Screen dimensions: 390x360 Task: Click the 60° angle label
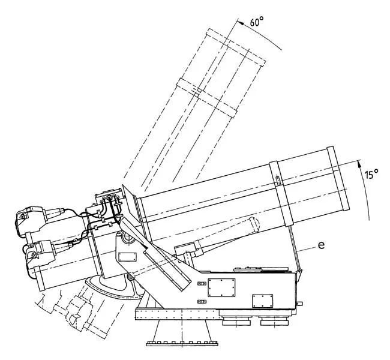256,22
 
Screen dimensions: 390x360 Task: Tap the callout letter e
321,245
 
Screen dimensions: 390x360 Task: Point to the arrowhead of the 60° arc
239,23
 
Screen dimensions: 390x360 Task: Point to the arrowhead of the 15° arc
359,163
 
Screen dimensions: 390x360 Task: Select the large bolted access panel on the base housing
221,287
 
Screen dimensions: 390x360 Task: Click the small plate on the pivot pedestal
127,257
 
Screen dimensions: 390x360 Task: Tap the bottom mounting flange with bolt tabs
182,344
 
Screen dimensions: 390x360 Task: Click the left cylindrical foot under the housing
236,321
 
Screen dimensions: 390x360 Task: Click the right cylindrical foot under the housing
274,321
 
